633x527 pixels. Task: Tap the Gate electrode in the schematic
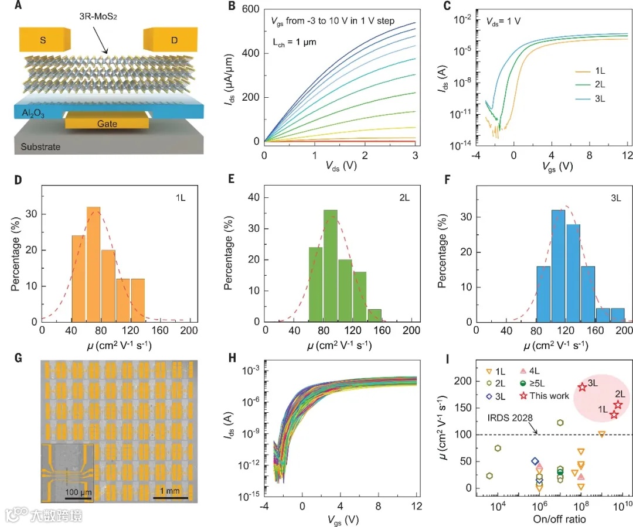[x=107, y=123]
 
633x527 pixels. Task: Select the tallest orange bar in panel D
[x=93, y=263]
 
